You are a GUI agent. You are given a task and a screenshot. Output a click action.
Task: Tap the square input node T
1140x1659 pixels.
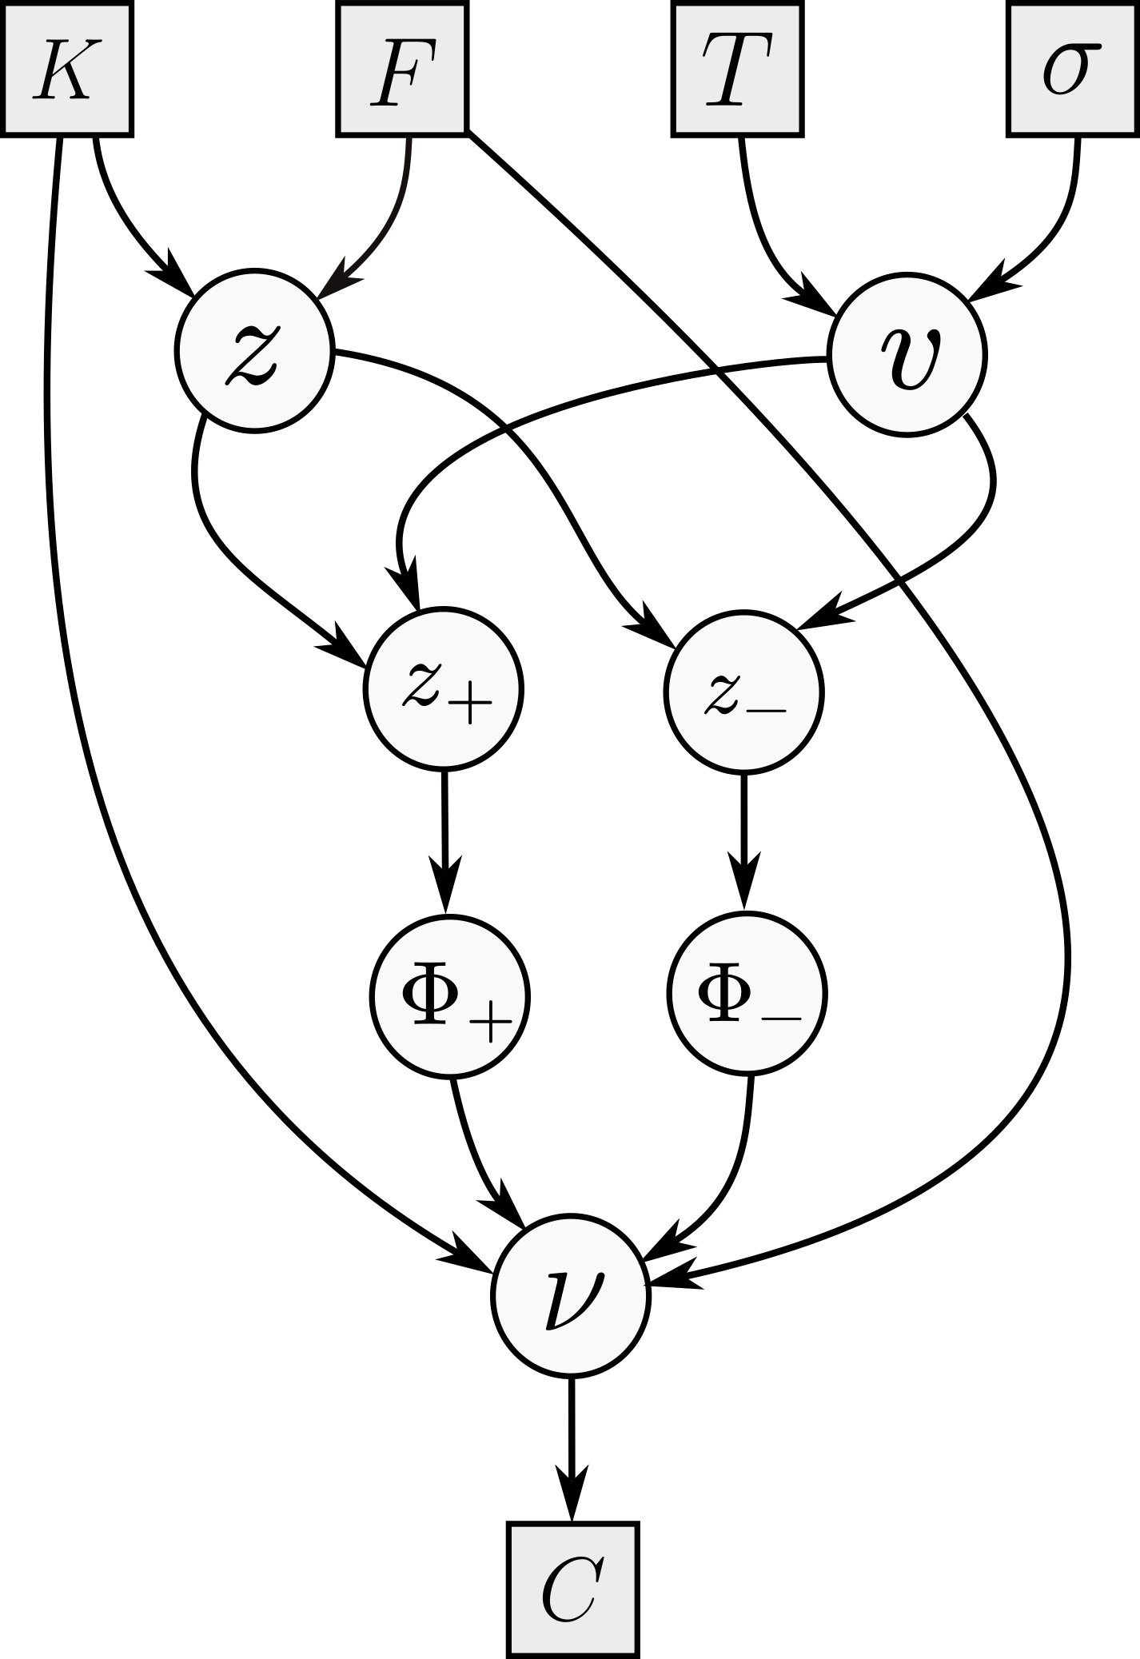pos(737,68)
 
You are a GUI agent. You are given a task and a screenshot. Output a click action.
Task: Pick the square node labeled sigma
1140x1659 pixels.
pos(1071,68)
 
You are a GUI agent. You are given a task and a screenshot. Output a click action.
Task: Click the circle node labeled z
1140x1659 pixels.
pos(252,353)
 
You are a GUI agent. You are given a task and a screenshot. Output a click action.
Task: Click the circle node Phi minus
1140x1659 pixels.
pos(747,993)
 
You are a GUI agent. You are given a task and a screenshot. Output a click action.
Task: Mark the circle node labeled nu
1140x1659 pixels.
pos(570,1297)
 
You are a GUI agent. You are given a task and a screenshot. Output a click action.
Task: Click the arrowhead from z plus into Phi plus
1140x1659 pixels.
pos(446,885)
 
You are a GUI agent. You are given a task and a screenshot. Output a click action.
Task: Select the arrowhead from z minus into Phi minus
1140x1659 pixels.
pos(743,883)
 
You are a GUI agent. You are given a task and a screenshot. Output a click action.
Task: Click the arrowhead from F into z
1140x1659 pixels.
pos(336,280)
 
